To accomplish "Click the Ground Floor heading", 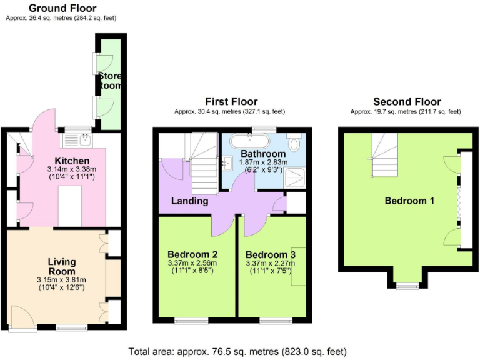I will click(61, 8).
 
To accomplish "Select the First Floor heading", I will click(231, 102).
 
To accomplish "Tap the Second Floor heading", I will click(407, 102).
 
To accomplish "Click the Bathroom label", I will click(263, 154).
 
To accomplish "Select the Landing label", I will click(190, 201).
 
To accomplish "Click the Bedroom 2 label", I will click(192, 254).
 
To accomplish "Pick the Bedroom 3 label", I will click(270, 255).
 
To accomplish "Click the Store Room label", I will click(109, 81).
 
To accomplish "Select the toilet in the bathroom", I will click(294, 143).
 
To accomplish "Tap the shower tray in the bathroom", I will click(293, 178).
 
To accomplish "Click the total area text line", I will click(237, 351).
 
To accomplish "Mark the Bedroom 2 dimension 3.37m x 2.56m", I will click(192, 263).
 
